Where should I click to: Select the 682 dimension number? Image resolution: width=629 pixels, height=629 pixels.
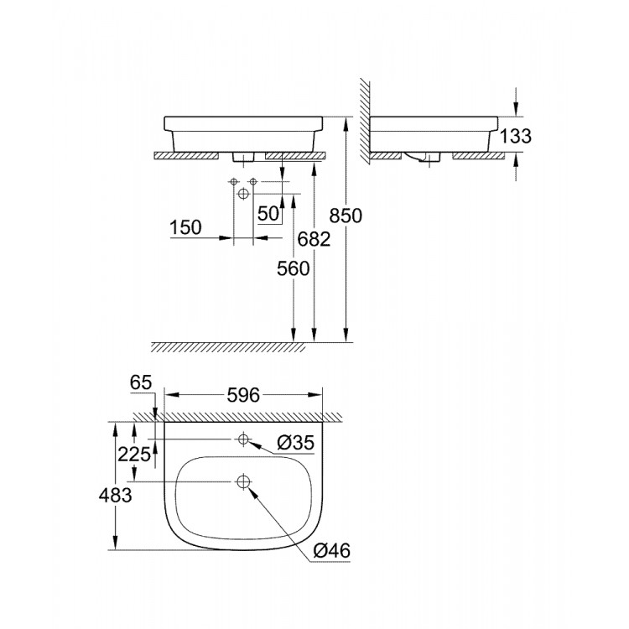pos(314,239)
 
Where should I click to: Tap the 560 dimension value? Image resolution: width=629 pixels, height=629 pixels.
pos(294,269)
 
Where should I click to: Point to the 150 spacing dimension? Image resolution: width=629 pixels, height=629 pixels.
pos(186,226)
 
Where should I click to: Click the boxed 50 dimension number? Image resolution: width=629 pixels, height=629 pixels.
pos(268,214)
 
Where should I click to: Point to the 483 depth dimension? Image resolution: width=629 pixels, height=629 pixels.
pos(115,495)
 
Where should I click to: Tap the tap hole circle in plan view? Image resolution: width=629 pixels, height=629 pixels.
pos(243,439)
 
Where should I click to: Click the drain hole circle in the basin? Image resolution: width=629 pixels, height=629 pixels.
pos(243,482)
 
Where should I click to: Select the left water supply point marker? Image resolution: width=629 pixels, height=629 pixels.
pos(232,182)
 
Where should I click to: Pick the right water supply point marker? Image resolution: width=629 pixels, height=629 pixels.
pos(252,182)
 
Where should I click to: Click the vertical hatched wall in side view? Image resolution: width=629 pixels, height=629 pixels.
pos(365,117)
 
